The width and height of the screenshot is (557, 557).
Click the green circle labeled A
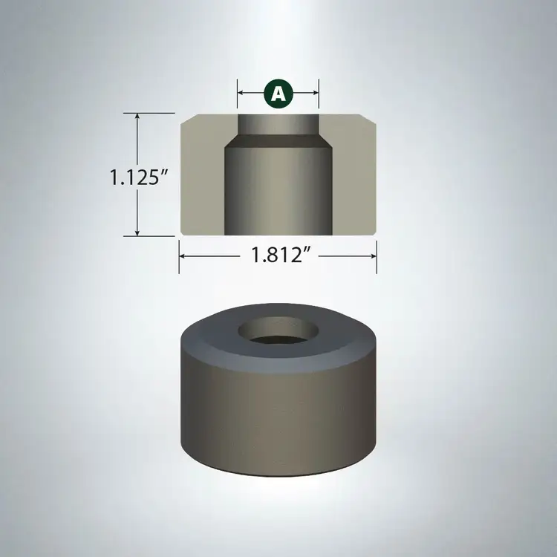pyautogui.click(x=278, y=94)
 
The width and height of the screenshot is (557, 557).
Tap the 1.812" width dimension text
pyautogui.click(x=278, y=255)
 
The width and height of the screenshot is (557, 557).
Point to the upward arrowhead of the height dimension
pyautogui.click(x=137, y=117)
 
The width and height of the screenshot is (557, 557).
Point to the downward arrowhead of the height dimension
pyautogui.click(x=137, y=232)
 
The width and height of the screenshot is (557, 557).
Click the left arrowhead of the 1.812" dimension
pyautogui.click(x=183, y=255)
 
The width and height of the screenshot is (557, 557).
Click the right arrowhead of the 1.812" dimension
pyautogui.click(x=374, y=255)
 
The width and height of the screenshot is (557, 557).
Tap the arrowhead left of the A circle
pyautogui.click(x=241, y=94)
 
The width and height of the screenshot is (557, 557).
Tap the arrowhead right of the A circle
pyautogui.click(x=315, y=94)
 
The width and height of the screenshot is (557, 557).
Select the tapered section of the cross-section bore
pyautogui.click(x=278, y=140)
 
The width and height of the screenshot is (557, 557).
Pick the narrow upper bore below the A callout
pyautogui.click(x=278, y=123)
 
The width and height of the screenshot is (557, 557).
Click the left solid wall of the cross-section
pyautogui.click(x=202, y=178)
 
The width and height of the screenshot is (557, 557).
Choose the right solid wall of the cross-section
pyautogui.click(x=355, y=178)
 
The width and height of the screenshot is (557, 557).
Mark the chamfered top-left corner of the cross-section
pyautogui.click(x=183, y=117)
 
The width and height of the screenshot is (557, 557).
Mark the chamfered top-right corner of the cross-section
pyautogui.click(x=374, y=117)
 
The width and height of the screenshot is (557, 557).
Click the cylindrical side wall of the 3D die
pyautogui.click(x=278, y=416)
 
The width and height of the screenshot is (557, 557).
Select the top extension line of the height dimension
pyautogui.click(x=149, y=113)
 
